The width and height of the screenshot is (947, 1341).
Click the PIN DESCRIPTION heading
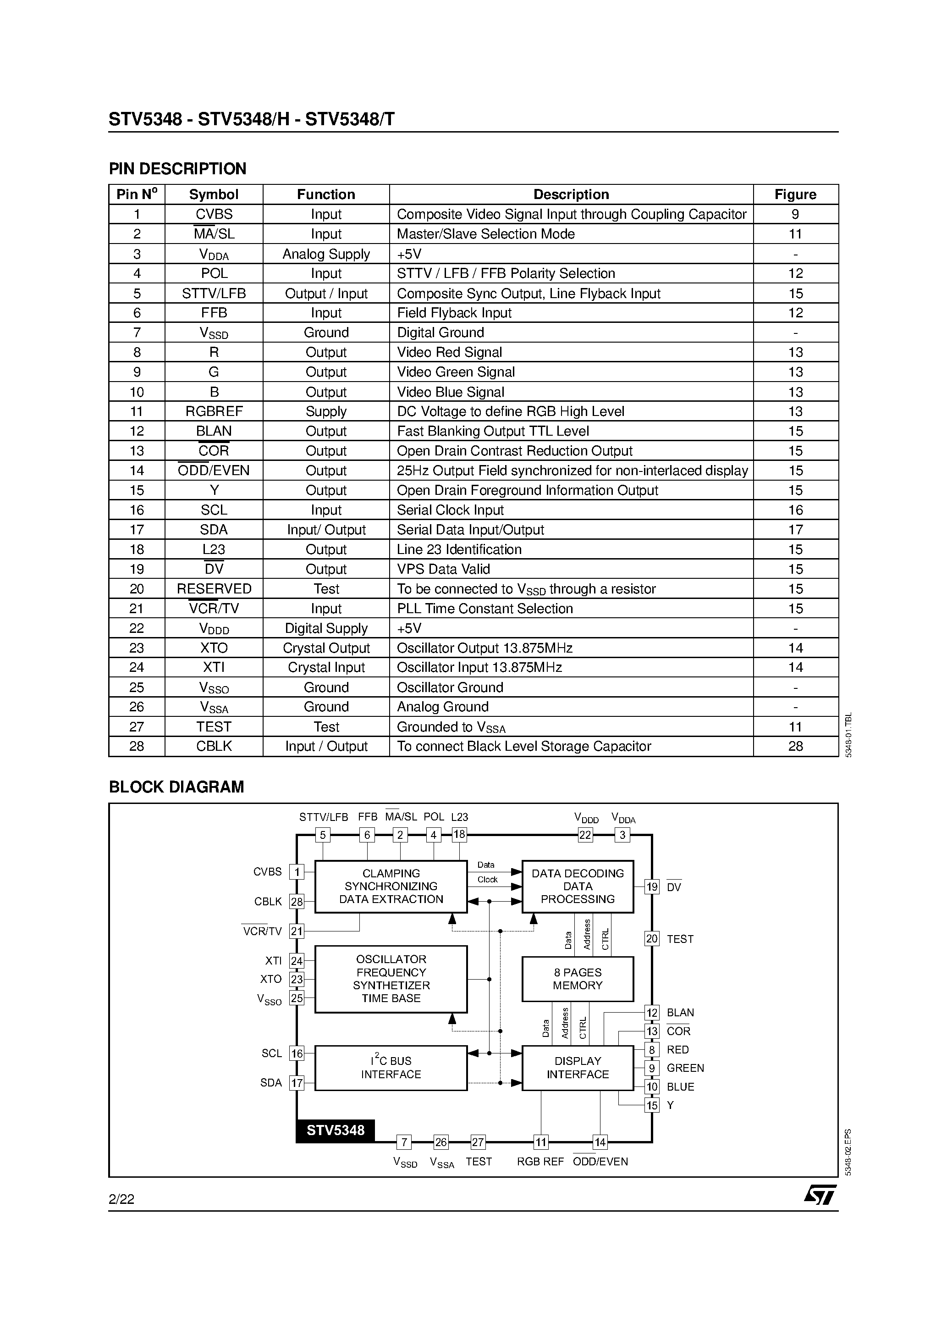[177, 169]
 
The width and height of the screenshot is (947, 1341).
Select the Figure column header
[795, 194]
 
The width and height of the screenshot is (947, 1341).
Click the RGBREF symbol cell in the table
[214, 411]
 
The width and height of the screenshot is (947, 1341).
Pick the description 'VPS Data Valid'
[443, 569]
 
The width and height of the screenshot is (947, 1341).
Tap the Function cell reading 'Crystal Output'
[326, 648]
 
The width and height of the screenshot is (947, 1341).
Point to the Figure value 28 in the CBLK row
[795, 747]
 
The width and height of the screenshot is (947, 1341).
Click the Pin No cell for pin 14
[137, 471]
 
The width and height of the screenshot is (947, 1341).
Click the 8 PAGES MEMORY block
[578, 979]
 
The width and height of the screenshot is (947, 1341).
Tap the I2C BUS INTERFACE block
[391, 1068]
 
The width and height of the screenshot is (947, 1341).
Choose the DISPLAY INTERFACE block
[578, 1068]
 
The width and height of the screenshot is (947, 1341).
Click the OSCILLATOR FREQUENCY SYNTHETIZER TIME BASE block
[391, 979]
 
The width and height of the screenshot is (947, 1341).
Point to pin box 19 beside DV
[651, 887]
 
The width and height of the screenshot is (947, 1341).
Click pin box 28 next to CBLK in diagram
[297, 901]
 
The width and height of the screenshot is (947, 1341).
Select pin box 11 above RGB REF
[540, 1142]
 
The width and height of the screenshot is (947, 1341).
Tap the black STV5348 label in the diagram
[335, 1130]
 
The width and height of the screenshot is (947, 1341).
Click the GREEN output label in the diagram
[685, 1068]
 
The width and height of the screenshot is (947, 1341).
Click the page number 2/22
[121, 1199]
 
